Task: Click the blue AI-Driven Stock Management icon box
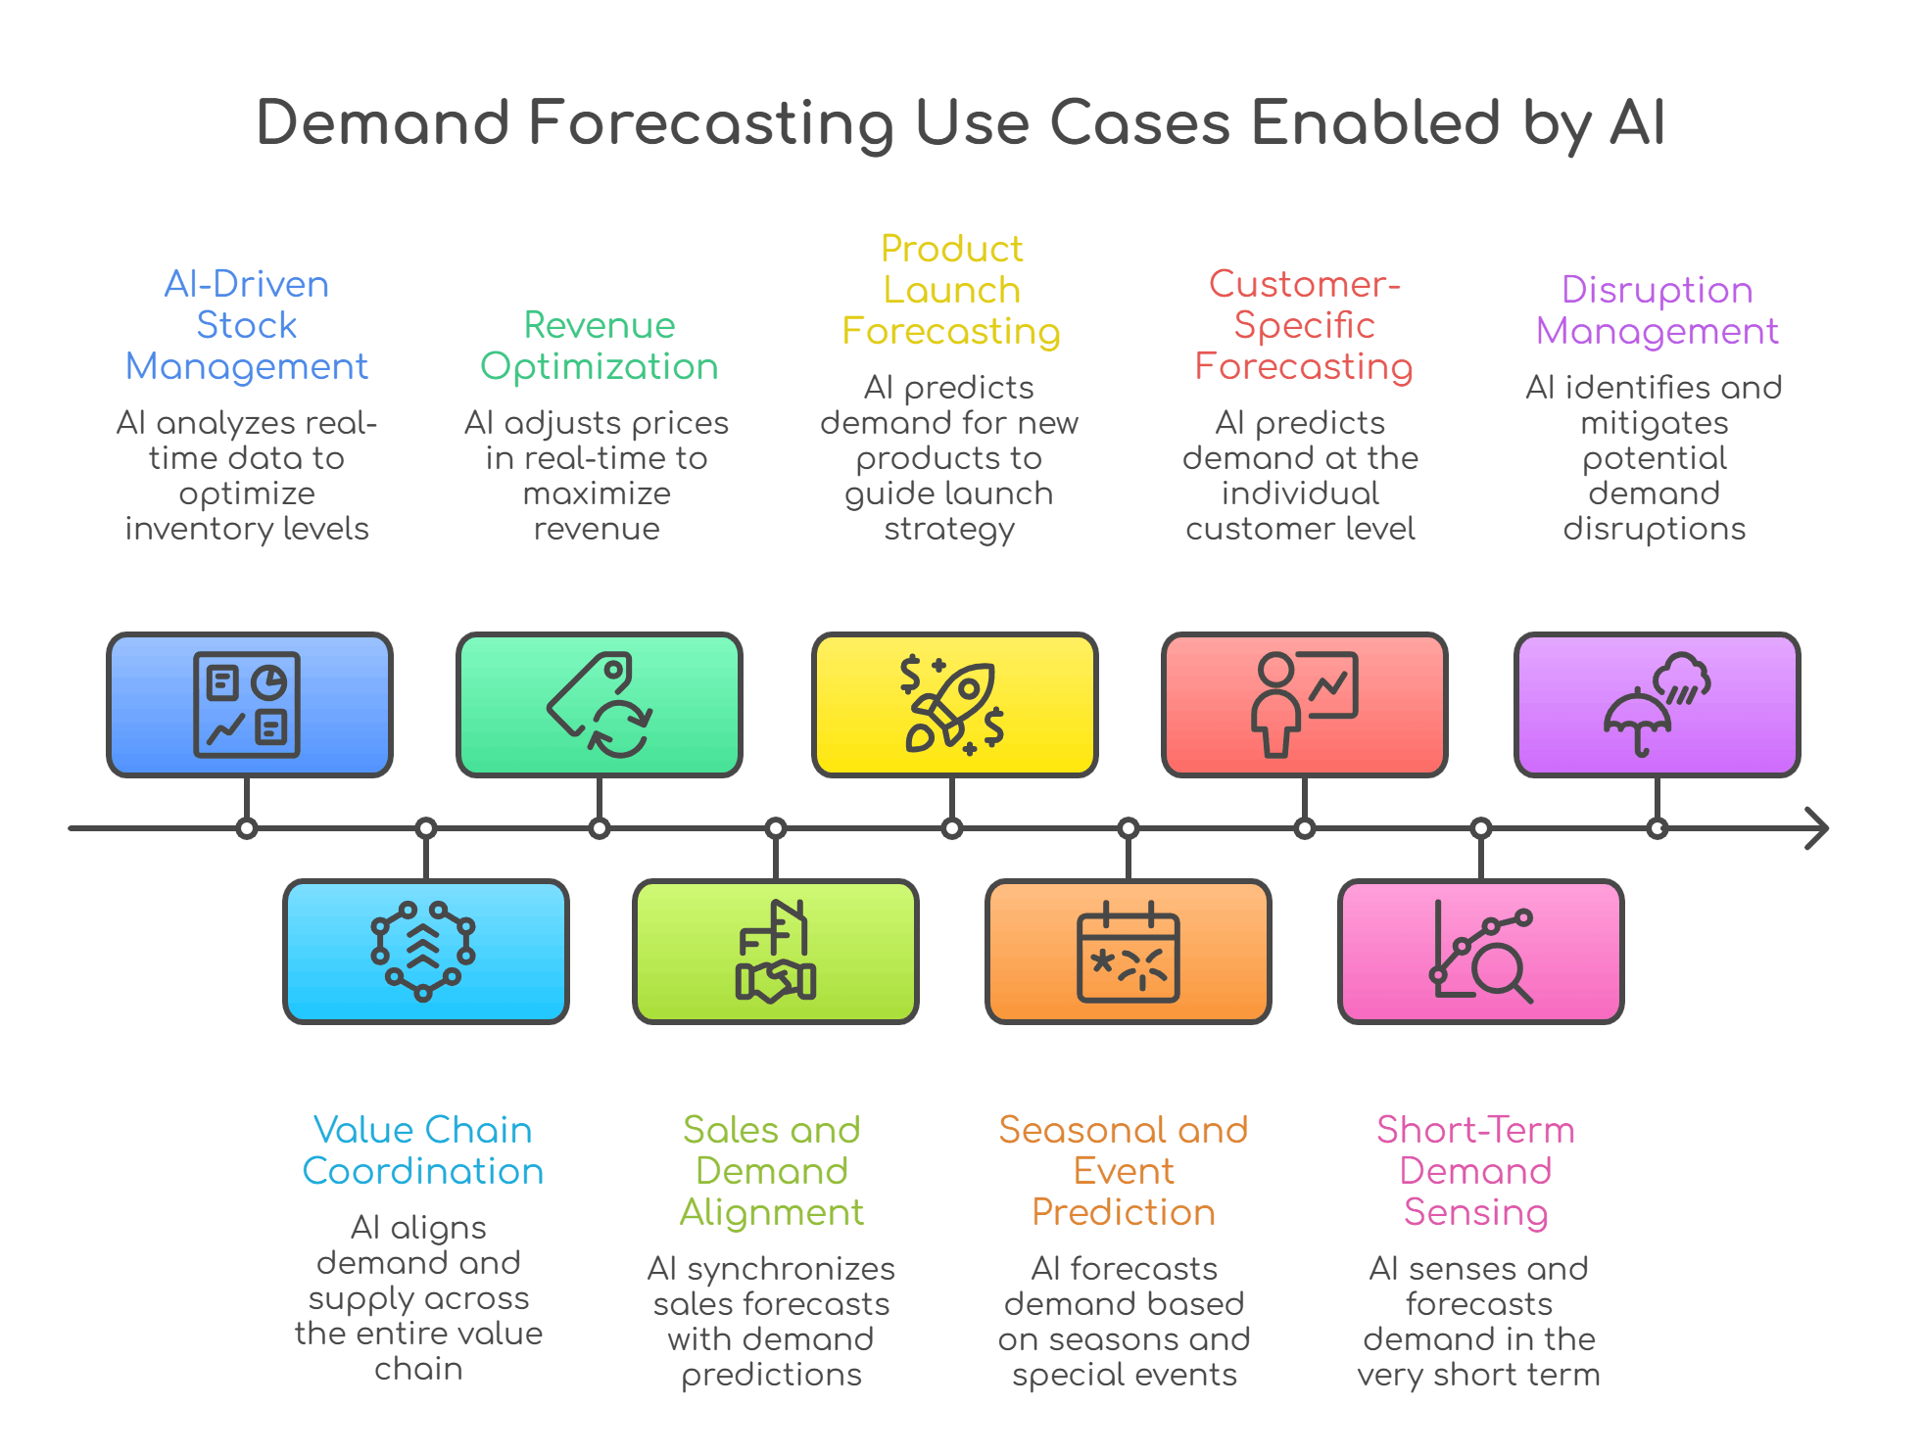[249, 704]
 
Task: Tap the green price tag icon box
[599, 704]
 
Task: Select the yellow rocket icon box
[954, 704]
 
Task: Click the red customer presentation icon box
[1304, 704]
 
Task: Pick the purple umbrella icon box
[1657, 704]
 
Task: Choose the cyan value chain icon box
[425, 951]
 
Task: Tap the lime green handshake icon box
[775, 951]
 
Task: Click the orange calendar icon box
[1128, 951]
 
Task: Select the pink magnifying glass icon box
[1480, 951]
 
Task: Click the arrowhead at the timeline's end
[1817, 828]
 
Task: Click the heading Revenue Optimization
[599, 346]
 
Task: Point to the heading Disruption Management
[1657, 310]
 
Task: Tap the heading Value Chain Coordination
[422, 1150]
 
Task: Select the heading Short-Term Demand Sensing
[1475, 1171]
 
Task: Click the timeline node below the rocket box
[951, 828]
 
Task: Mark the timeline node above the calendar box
[1129, 828]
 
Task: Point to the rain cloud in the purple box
[1682, 678]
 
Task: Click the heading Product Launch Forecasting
[951, 290]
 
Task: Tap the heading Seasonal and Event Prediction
[1124, 1171]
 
